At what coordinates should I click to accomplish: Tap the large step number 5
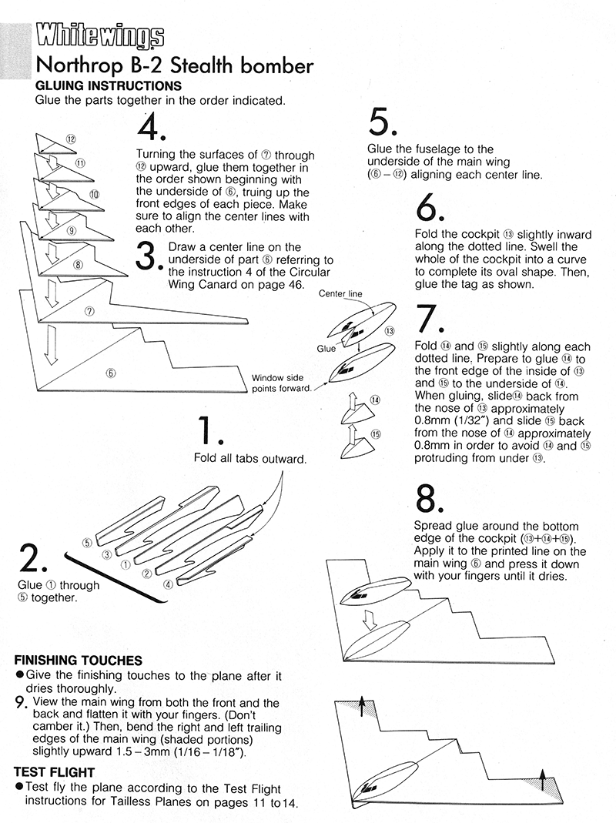pos(383,124)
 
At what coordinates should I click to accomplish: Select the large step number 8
pos(428,501)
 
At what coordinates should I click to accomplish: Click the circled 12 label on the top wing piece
pos(70,139)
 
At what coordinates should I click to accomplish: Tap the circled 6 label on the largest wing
pos(111,373)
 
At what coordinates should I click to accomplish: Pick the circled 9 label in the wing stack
pos(71,230)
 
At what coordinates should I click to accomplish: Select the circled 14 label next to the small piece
pos(375,400)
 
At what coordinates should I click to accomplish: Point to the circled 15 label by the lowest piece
pos(376,434)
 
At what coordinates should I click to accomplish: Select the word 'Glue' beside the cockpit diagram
pos(325,348)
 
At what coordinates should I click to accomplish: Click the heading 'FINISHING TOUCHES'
pos(78,660)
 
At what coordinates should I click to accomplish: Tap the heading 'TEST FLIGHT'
pos(54,771)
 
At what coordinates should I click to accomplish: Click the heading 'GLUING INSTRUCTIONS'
pos(108,85)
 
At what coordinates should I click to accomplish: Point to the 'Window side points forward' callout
pos(281,383)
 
